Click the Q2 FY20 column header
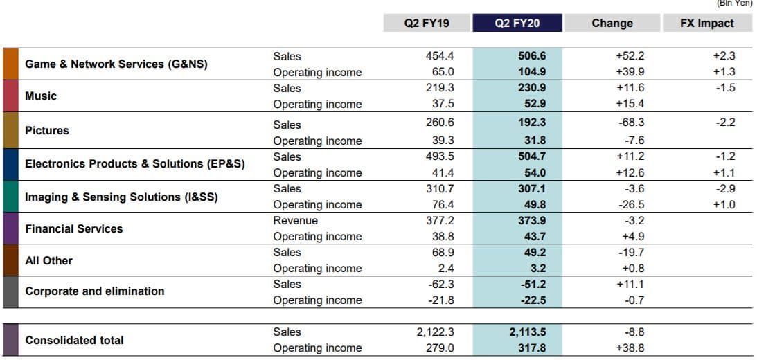[517, 23]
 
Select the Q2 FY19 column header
[427, 23]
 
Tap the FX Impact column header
[707, 23]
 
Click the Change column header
[612, 23]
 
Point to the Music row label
[41, 96]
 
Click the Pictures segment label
[47, 130]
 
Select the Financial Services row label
[73, 228]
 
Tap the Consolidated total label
[74, 340]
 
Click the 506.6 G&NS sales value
[532, 56]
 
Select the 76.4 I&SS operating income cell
[443, 204]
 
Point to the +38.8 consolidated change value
[630, 348]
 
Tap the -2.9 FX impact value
[727, 188]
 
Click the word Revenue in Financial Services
[295, 220]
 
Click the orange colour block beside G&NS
[10, 64]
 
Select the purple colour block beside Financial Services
[10, 228]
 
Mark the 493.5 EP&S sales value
[440, 156]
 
